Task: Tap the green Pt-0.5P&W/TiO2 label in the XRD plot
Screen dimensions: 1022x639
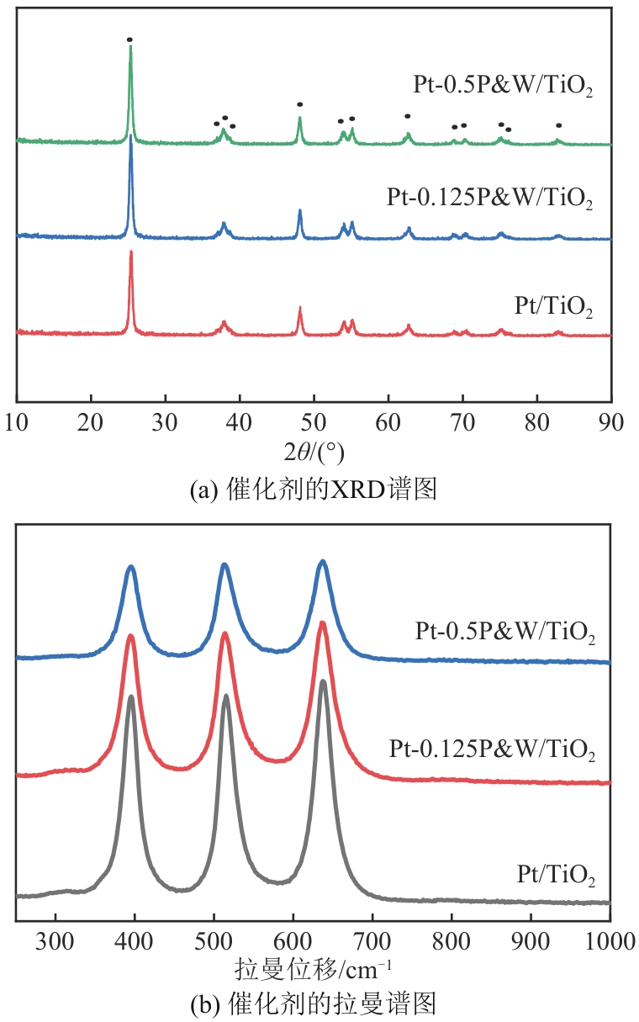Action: [x=503, y=87]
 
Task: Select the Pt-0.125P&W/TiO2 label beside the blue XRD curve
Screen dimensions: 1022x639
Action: [x=490, y=199]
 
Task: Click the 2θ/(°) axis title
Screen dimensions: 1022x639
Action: [x=314, y=452]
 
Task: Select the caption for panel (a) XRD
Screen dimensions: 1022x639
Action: [x=314, y=489]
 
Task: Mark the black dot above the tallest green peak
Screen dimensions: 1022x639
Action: [x=129, y=40]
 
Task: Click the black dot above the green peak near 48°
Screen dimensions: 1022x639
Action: [x=300, y=104]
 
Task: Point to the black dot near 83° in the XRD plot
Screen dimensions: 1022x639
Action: [x=558, y=125]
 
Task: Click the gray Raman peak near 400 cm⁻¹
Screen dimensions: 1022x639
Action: [x=130, y=698]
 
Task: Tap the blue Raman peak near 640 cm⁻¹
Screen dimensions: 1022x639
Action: [x=322, y=563]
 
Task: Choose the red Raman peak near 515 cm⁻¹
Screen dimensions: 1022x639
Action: [x=224, y=635]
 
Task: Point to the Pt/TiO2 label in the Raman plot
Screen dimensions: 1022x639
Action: [x=556, y=878]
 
